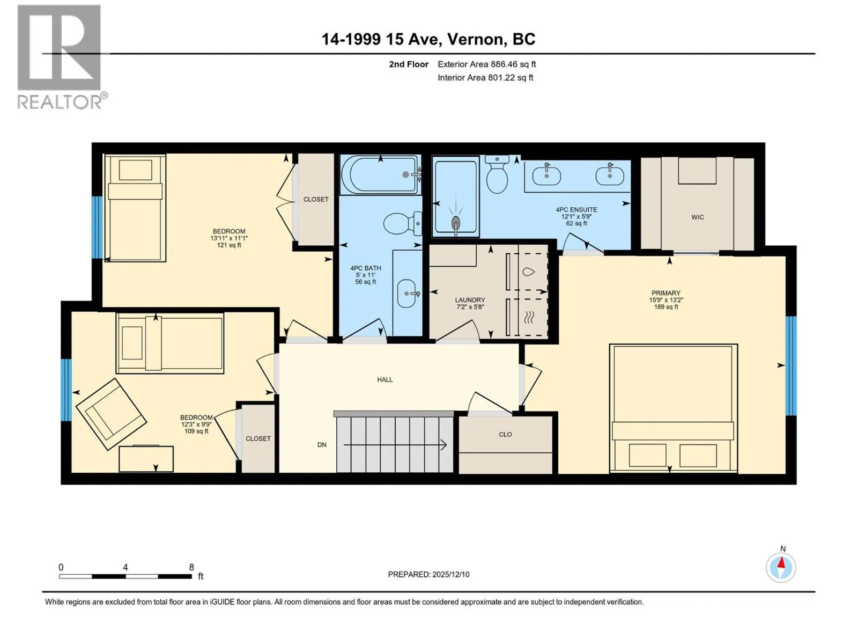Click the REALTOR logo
(63, 57)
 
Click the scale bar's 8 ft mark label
(191, 567)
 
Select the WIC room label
(697, 217)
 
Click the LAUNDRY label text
(470, 300)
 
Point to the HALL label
(384, 379)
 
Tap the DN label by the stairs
(322, 444)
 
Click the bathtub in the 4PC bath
(380, 175)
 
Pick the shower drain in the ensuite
(455, 223)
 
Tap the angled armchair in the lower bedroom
(111, 414)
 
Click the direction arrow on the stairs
(395, 444)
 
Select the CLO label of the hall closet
(505, 434)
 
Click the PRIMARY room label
(665, 293)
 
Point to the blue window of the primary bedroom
(791, 365)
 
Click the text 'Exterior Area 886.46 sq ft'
(487, 64)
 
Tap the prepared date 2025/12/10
(450, 574)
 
